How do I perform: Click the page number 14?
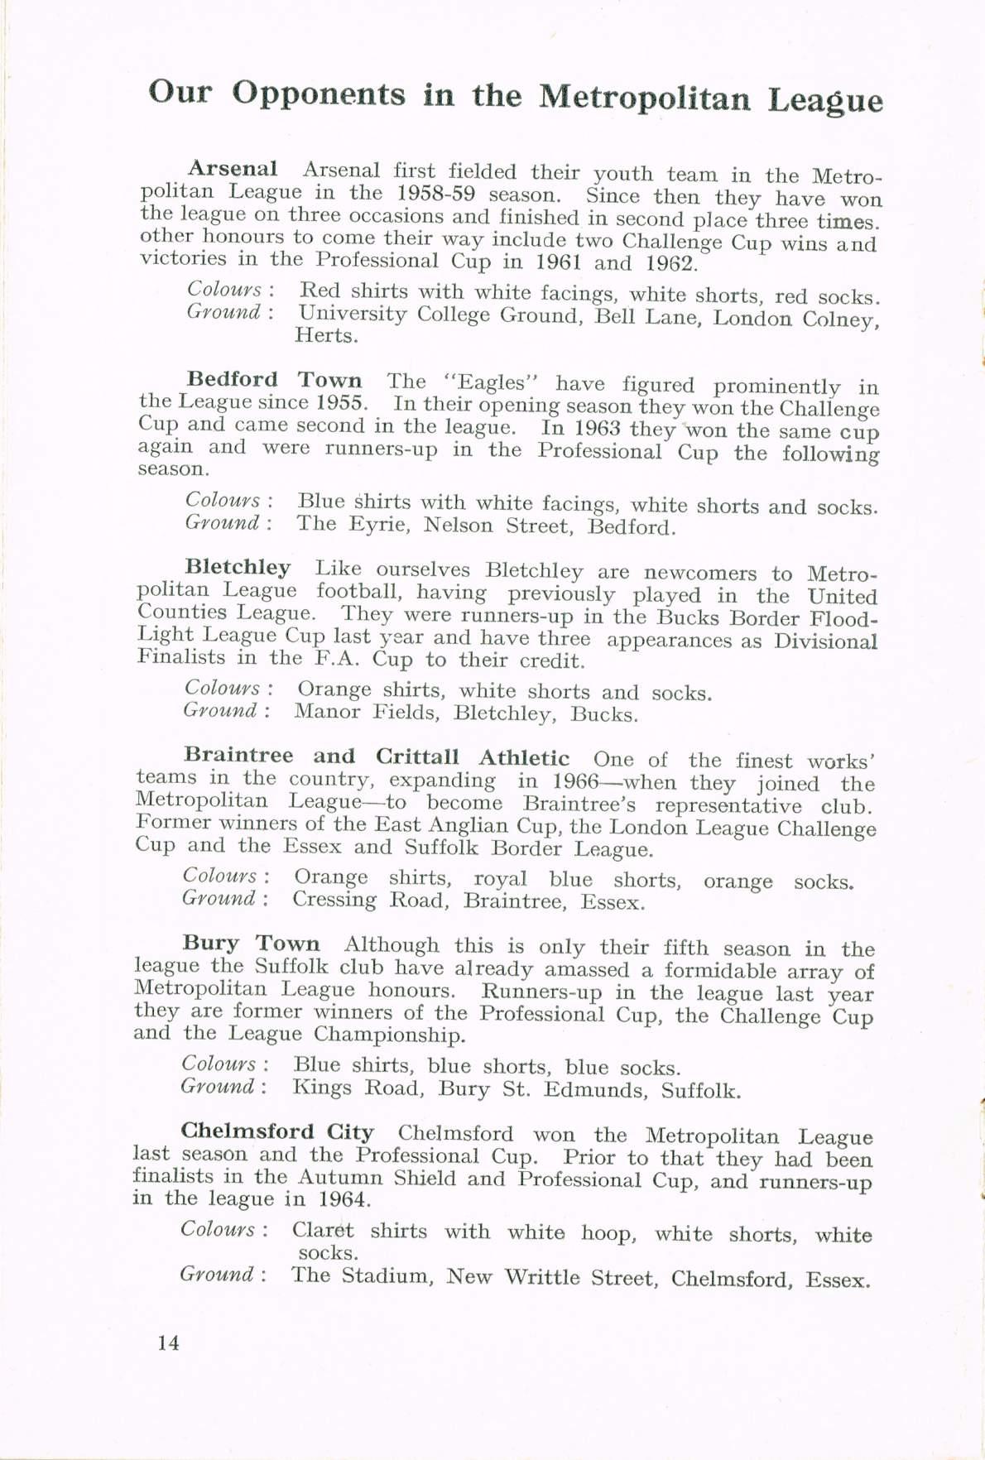[x=168, y=1342]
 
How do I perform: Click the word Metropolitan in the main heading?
[x=645, y=98]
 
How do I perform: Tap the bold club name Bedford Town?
[x=274, y=380]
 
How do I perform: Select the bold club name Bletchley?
[x=238, y=568]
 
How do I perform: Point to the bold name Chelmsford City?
[x=277, y=1131]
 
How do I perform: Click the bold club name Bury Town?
[x=251, y=944]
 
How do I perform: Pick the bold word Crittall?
[x=417, y=756]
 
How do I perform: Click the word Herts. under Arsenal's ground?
[x=326, y=336]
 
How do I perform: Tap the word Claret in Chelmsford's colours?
[x=323, y=1230]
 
